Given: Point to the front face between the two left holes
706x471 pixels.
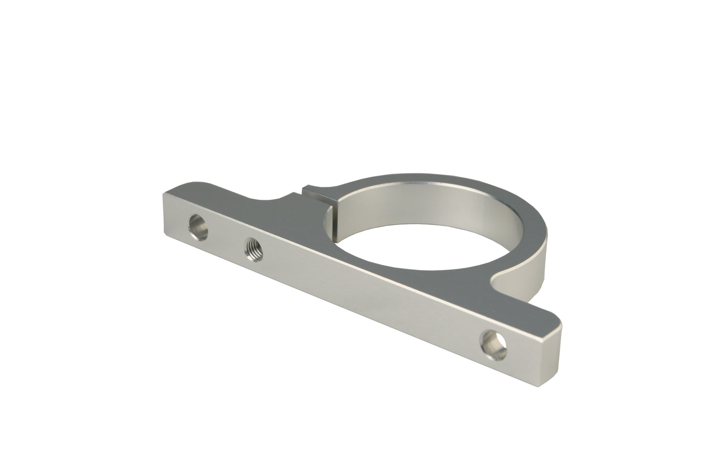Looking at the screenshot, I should click(226, 235).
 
